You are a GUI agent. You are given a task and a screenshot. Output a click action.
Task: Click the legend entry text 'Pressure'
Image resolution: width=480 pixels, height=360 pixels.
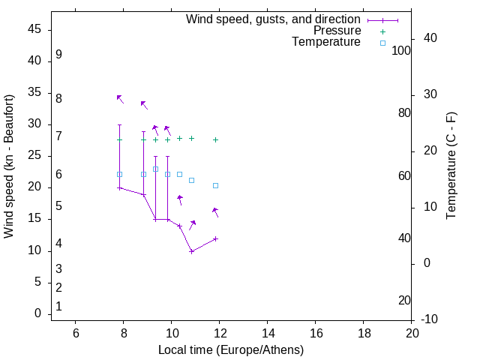pos(337,31)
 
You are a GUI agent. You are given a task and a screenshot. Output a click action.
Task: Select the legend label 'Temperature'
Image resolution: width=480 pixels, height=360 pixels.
pos(326,42)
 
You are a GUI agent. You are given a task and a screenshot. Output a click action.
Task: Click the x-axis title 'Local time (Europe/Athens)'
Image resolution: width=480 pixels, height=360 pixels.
pos(231,349)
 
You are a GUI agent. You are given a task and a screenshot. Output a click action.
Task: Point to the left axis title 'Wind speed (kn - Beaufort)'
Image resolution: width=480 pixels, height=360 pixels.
pos(9,166)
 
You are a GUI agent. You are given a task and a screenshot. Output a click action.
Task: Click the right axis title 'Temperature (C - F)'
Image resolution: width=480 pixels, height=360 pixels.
pos(451,166)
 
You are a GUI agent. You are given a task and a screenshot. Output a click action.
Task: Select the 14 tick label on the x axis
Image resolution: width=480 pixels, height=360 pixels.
pos(268,333)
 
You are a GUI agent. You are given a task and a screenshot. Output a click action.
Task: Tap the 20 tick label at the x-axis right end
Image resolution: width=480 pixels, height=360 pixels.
pos(412,333)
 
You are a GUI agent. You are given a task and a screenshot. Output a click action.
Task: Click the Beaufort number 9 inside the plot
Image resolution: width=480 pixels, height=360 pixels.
pos(58,55)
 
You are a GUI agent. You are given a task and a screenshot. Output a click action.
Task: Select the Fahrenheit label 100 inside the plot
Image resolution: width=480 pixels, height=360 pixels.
pos(401,50)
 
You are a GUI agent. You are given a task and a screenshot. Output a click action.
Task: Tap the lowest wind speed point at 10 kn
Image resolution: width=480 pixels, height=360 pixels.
pos(191,251)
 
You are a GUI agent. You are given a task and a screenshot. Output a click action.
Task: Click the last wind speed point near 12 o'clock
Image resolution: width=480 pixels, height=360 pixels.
pos(215,238)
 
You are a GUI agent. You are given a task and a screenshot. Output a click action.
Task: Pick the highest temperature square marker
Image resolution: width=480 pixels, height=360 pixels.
pos(155,169)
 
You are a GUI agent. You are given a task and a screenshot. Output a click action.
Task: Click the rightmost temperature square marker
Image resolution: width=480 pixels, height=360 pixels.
pos(215,185)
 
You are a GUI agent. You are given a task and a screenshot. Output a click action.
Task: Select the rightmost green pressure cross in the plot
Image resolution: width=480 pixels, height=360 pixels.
pos(215,139)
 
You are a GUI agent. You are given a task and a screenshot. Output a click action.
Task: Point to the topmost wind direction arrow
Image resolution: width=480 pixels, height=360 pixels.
pos(120,98)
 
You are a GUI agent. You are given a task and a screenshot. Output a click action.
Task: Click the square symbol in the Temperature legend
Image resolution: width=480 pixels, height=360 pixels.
pos(382,43)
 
